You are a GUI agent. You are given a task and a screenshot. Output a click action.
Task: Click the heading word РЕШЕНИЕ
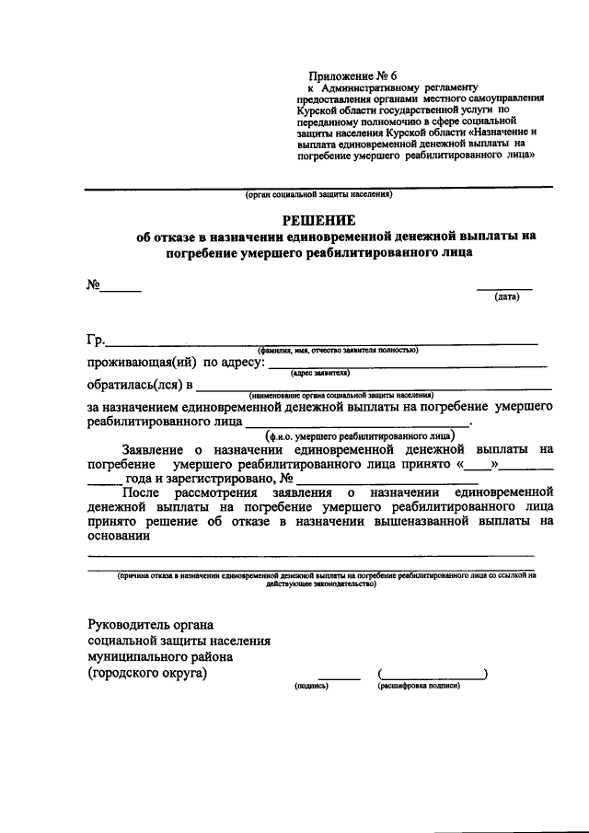pyautogui.click(x=318, y=219)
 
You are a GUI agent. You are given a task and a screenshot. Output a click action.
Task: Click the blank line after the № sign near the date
pyautogui.click(x=121, y=291)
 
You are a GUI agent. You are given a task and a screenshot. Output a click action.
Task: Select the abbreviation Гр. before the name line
pyautogui.click(x=96, y=339)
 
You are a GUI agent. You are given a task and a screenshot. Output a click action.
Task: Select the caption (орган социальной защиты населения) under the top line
pyautogui.click(x=319, y=195)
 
